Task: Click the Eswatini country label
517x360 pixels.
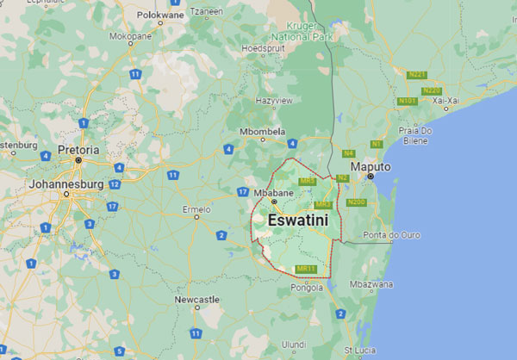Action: (x=298, y=220)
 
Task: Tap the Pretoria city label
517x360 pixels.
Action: (x=78, y=150)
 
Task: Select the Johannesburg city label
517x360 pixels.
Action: (x=66, y=184)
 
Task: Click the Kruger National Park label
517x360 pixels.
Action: (x=296, y=33)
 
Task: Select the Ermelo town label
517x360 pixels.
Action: (x=196, y=208)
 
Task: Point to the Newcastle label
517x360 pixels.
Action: (x=196, y=299)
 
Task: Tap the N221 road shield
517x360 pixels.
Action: (x=416, y=75)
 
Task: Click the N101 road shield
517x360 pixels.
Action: (x=408, y=102)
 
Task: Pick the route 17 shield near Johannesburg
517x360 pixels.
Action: (x=113, y=207)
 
